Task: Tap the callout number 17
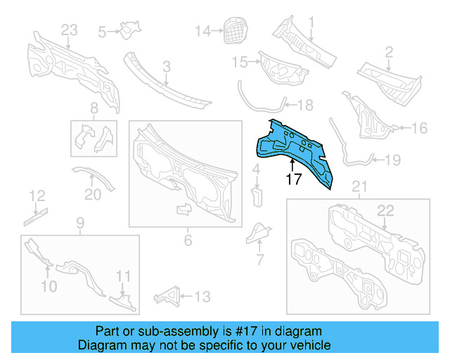click(295, 180)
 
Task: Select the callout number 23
click(69, 30)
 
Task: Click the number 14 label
click(202, 30)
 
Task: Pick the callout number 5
click(102, 31)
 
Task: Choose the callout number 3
click(167, 67)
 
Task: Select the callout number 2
click(387, 51)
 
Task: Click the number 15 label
click(239, 62)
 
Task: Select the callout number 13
click(202, 297)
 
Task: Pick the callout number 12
click(37, 195)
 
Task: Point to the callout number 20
click(93, 195)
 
